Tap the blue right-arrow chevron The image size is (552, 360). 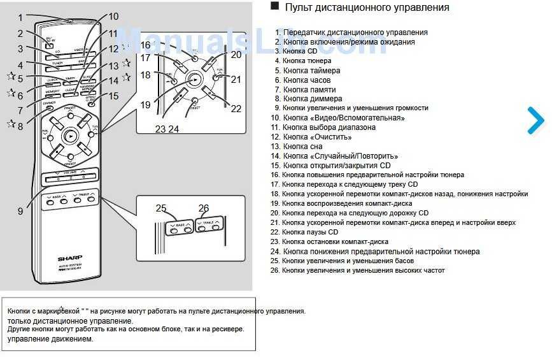pos(536,121)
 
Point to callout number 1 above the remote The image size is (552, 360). pos(20,18)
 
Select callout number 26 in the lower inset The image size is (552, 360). pos(204,208)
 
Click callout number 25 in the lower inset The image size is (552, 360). pos(160,208)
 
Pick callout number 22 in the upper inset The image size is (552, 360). pos(236,109)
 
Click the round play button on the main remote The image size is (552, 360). pos(70,135)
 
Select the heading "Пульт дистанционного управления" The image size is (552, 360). pos(367,8)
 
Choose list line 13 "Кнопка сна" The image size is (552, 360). pos(303,146)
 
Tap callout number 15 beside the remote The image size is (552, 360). pos(114,96)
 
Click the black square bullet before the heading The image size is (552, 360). pos(275,6)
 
